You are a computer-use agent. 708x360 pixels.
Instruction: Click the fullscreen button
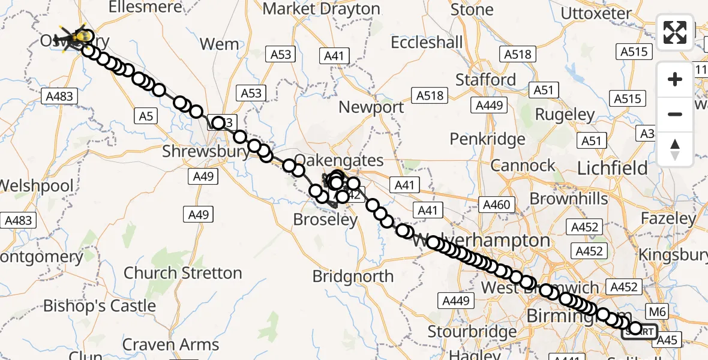(x=675, y=32)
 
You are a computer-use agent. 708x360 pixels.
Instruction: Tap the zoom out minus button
(x=675, y=114)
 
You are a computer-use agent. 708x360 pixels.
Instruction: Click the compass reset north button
(x=675, y=149)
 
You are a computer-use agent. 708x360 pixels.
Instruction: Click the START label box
(x=640, y=332)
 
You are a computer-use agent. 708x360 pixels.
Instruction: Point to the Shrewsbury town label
(x=206, y=151)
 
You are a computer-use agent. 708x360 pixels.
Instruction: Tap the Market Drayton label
(x=322, y=10)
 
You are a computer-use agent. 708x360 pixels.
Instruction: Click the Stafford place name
(x=485, y=80)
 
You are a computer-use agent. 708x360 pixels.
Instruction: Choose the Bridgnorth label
(x=353, y=277)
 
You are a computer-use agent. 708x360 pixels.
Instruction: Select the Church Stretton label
(x=182, y=273)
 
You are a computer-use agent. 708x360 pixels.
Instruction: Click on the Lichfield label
(x=612, y=169)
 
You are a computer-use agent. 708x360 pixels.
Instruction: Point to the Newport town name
(x=371, y=108)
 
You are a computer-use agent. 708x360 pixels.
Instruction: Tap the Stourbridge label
(x=472, y=331)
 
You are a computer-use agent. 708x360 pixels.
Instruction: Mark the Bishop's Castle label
(x=99, y=306)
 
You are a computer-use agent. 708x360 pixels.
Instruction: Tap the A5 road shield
(x=146, y=117)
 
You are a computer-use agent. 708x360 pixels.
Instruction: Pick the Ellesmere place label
(x=146, y=7)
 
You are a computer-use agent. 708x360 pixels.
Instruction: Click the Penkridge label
(x=488, y=139)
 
